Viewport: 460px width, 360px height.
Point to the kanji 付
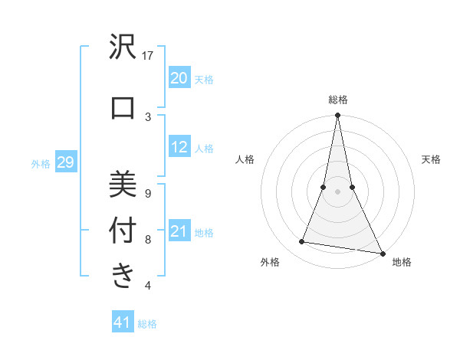[123, 230]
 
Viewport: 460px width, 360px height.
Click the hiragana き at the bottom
[123, 275]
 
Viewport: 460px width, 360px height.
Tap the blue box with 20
[179, 78]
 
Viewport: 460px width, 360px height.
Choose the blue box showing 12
[179, 147]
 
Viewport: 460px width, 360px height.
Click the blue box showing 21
[179, 231]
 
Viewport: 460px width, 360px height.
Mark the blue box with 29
[65, 162]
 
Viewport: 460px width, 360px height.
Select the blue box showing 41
[123, 322]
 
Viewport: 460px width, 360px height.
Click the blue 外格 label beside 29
[41, 163]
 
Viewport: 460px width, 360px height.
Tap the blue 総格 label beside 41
[147, 324]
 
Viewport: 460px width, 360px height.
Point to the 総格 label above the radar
[337, 100]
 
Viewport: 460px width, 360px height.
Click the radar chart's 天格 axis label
[431, 159]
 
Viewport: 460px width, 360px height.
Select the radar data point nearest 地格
[382, 253]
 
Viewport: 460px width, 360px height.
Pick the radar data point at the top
[337, 116]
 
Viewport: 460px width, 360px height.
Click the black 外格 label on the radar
[270, 262]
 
